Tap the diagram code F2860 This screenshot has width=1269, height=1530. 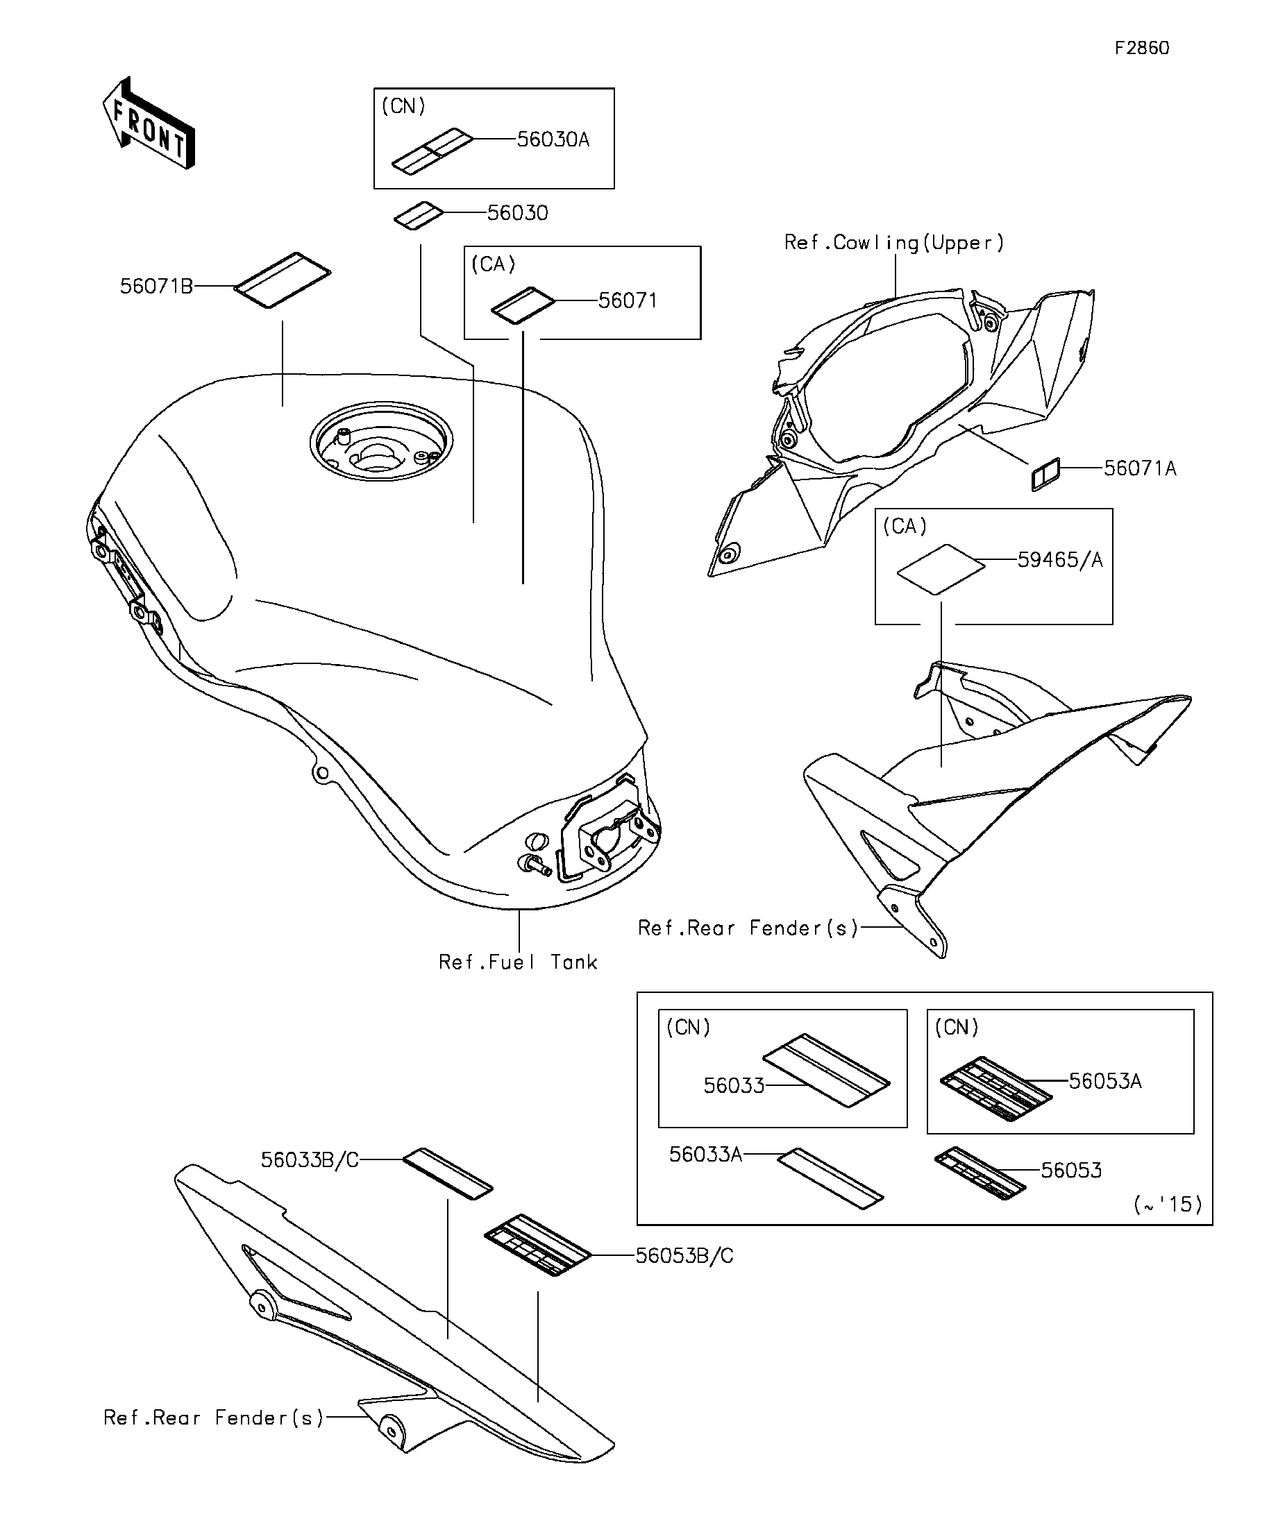[x=1141, y=48]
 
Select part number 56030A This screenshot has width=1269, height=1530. [x=553, y=140]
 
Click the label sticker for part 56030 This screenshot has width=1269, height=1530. [x=419, y=216]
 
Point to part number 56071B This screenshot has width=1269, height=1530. [x=156, y=287]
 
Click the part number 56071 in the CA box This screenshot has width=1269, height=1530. [x=628, y=301]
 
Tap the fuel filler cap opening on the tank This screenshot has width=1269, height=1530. [x=380, y=441]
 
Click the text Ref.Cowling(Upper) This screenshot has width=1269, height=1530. [x=893, y=243]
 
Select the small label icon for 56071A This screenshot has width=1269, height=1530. [x=1045, y=475]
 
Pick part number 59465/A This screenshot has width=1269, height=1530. [x=1060, y=560]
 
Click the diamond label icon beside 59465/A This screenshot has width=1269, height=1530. [x=940, y=569]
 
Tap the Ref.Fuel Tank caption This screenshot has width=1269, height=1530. [x=517, y=962]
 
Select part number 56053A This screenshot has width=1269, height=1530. [x=1105, y=1082]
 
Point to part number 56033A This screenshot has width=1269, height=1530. [x=705, y=1155]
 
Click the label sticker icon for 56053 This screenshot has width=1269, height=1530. [x=980, y=1174]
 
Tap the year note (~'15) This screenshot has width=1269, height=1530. [x=1168, y=1205]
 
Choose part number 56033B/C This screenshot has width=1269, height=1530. [x=310, y=1161]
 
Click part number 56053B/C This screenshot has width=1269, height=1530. [x=684, y=1256]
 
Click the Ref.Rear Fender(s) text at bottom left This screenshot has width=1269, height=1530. [x=214, y=1418]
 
